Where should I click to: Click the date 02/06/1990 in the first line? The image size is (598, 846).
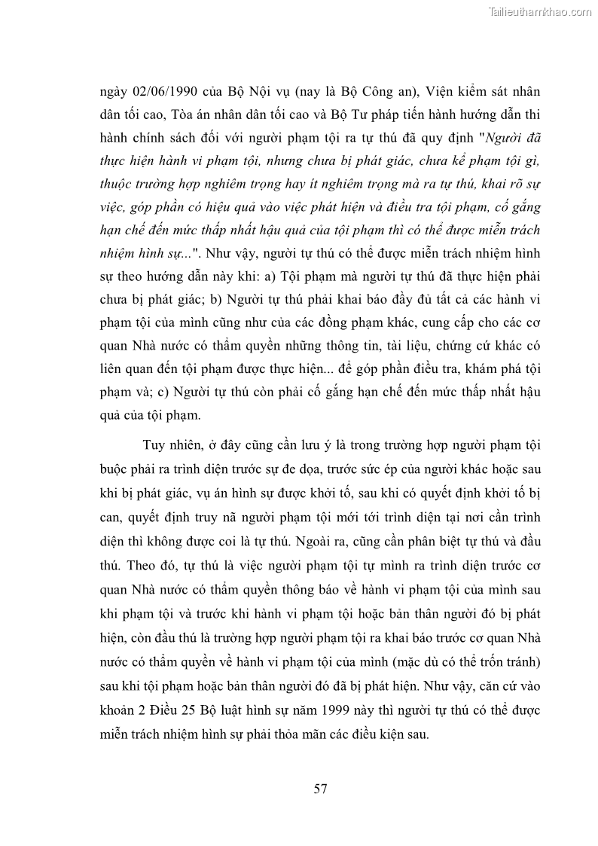click(x=171, y=93)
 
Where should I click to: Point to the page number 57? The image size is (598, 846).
click(x=320, y=789)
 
